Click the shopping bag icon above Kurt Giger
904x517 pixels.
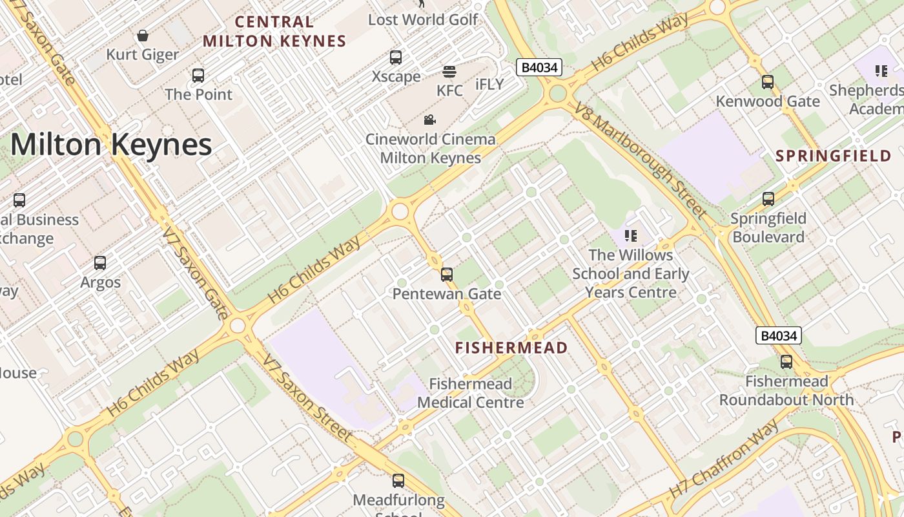tap(143, 35)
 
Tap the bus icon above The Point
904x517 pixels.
tap(198, 75)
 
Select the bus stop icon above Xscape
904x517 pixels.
tap(396, 58)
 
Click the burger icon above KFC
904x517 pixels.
tap(449, 71)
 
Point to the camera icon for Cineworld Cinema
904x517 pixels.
tap(429, 120)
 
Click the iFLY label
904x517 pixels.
tap(489, 85)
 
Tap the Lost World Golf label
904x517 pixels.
tap(423, 19)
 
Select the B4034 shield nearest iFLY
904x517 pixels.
tap(539, 67)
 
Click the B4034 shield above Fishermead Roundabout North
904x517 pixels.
tap(779, 335)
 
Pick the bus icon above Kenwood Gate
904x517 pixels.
tap(767, 82)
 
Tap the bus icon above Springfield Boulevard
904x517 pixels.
tap(768, 199)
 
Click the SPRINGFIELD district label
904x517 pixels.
tap(833, 156)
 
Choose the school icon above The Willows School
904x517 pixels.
tap(631, 235)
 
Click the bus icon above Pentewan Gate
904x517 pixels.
tap(446, 275)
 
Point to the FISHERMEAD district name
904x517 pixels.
tap(511, 348)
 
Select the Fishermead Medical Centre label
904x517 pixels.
tap(470, 393)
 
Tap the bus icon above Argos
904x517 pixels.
tap(100, 263)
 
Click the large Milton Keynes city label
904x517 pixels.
tap(111, 144)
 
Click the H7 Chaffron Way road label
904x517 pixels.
tap(724, 459)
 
